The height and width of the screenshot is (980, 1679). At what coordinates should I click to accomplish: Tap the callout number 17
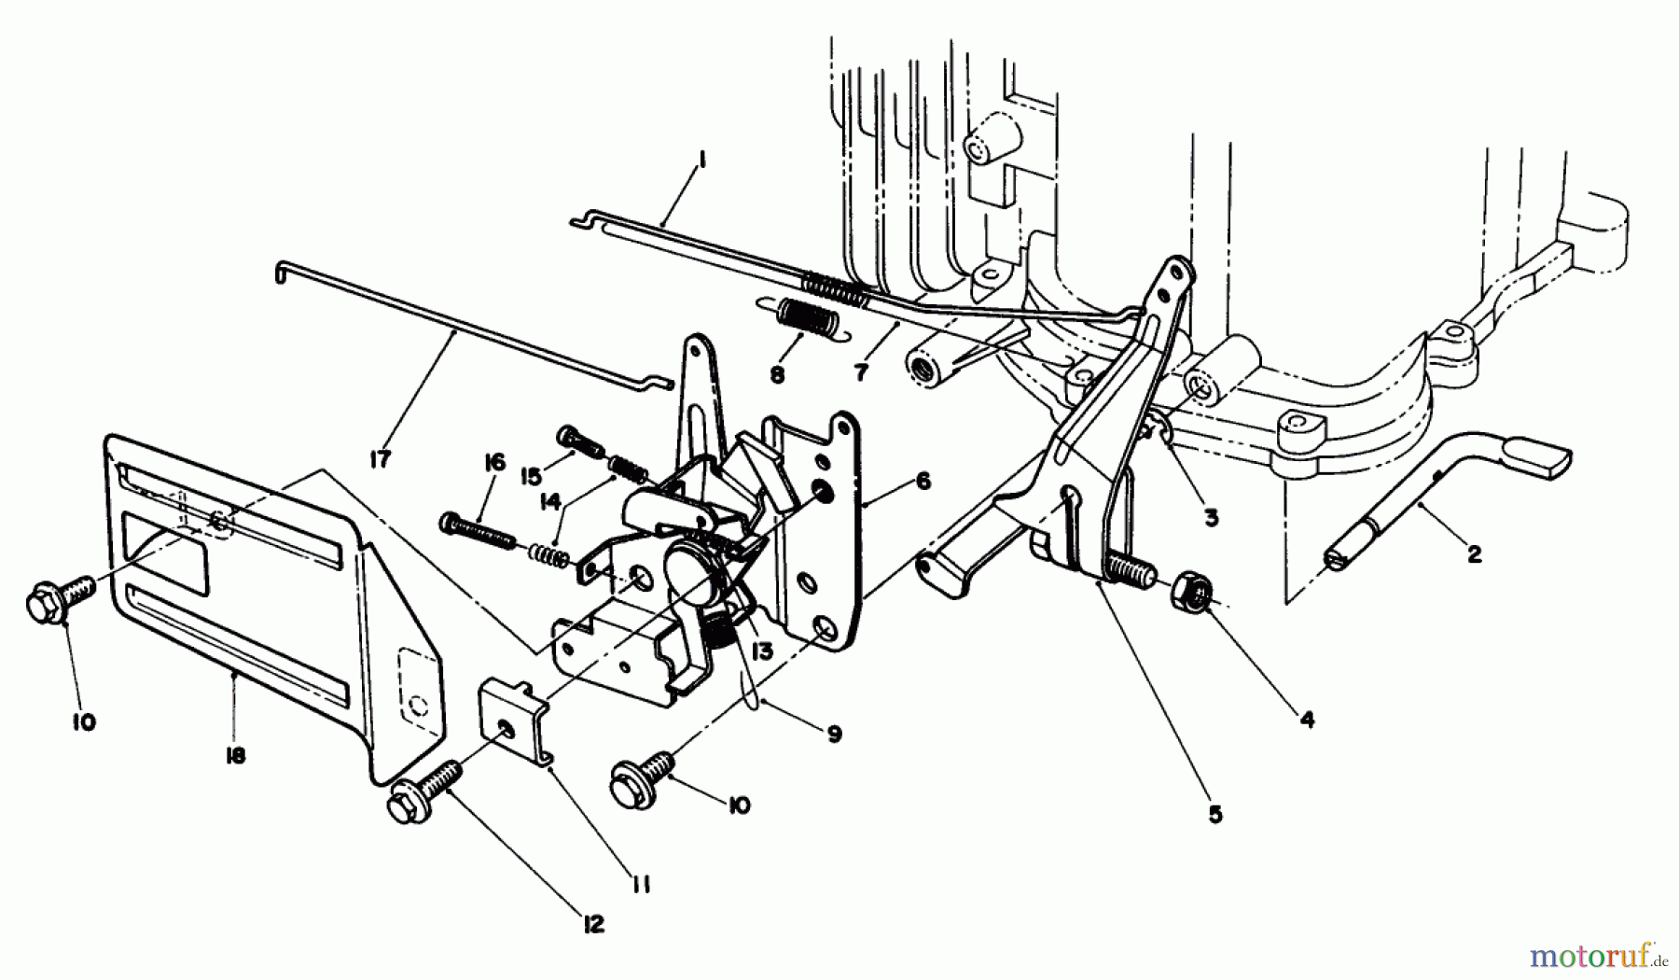pos(381,459)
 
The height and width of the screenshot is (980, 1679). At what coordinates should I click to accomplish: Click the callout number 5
pos(1214,814)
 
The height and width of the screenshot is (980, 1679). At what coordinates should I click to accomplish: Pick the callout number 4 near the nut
pos(1308,720)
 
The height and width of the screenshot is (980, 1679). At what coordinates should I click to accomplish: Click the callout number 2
pos(1474,554)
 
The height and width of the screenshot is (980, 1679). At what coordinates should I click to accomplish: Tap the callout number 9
pos(833,735)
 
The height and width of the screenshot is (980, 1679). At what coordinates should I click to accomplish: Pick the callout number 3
pos(1211,516)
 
